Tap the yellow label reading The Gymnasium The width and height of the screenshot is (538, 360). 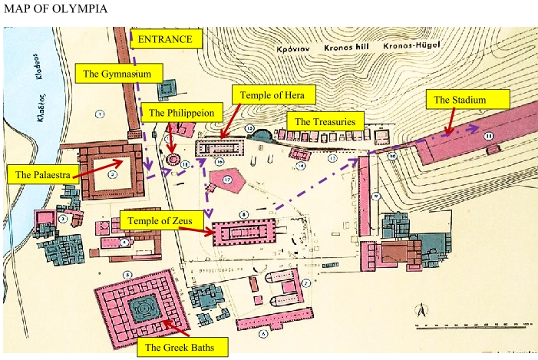pyautogui.click(x=122, y=74)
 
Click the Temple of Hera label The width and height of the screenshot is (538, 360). pyautogui.click(x=272, y=95)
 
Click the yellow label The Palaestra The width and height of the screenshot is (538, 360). pyautogui.click(x=43, y=174)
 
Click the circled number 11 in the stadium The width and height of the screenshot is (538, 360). pyautogui.click(x=488, y=136)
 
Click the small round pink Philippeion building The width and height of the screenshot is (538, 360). pyautogui.click(x=173, y=160)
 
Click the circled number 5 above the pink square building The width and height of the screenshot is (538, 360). pyautogui.click(x=128, y=274)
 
